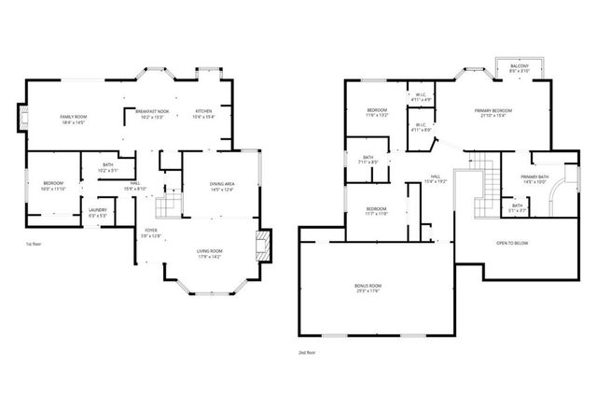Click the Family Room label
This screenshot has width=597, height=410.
73,119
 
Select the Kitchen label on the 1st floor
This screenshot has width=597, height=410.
204,114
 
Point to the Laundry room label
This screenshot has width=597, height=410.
98,211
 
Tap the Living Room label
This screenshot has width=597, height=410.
208,253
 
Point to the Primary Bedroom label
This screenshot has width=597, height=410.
493,112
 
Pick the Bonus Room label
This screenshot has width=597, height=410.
369,288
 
